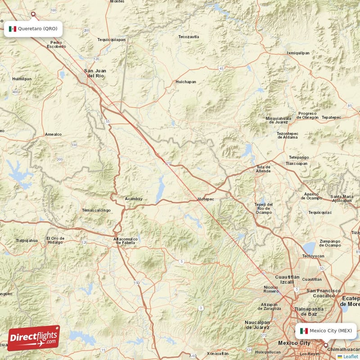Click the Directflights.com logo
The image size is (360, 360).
tap(34, 337)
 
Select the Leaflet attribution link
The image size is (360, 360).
tap(351, 356)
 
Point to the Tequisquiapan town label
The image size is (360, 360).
tap(111, 40)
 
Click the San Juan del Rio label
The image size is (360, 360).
tap(95, 73)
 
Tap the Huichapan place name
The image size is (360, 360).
tap(186, 82)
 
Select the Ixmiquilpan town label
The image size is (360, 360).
tap(298, 53)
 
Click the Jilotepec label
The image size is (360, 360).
tap(205, 199)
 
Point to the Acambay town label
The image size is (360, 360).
tap(134, 198)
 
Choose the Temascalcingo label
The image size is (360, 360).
tap(96, 210)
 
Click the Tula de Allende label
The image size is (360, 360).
tap(263, 169)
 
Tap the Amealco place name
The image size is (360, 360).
tap(53, 134)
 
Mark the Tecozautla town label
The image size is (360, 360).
tap(189, 36)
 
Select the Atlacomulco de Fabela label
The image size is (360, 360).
tap(126, 241)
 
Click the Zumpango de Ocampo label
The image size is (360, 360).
tap(330, 243)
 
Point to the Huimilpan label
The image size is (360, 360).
tap(22, 78)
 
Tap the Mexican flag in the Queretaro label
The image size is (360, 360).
tap(13, 29)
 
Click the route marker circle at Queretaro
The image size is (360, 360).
tap(33, 14)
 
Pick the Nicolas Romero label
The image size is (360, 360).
tap(271, 289)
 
